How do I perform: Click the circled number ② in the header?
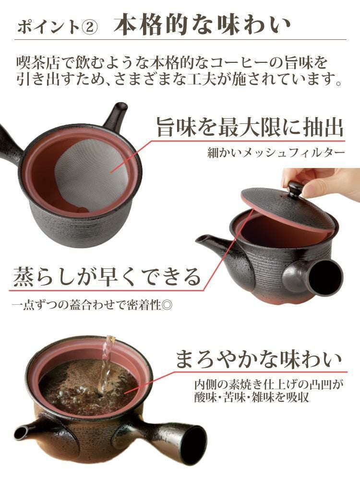(89, 27)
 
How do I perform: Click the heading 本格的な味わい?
(202, 25)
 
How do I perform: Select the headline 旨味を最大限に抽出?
(250, 128)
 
